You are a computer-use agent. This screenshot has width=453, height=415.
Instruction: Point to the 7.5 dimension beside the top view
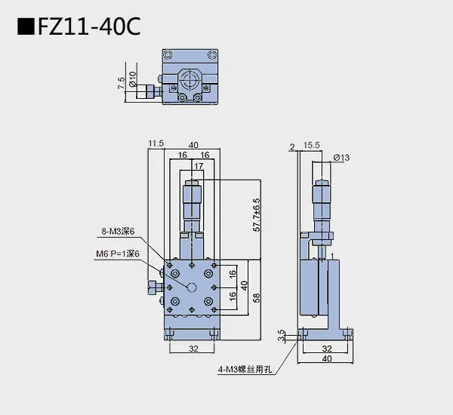(x=122, y=83)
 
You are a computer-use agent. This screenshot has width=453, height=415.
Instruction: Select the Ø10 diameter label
(x=133, y=78)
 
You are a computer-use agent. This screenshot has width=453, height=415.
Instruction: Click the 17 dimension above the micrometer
(x=199, y=165)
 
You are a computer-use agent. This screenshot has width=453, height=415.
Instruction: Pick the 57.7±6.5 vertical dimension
(x=257, y=216)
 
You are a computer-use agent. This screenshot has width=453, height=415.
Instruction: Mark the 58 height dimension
(x=257, y=297)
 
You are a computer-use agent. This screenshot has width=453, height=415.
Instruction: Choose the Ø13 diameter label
(x=341, y=157)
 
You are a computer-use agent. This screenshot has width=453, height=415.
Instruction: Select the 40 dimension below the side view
(x=326, y=359)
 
